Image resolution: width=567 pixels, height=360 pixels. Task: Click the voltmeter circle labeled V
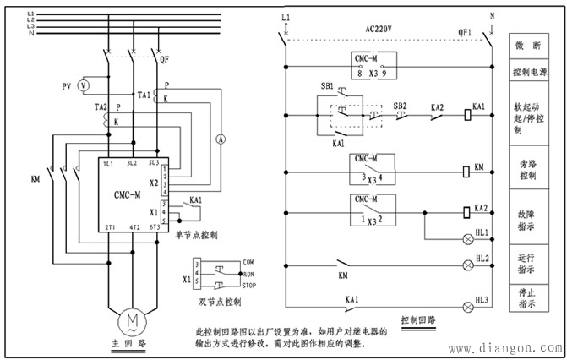[83, 86]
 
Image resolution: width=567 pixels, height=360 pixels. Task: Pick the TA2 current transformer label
[101, 107]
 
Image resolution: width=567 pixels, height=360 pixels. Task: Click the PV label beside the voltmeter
[66, 86]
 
